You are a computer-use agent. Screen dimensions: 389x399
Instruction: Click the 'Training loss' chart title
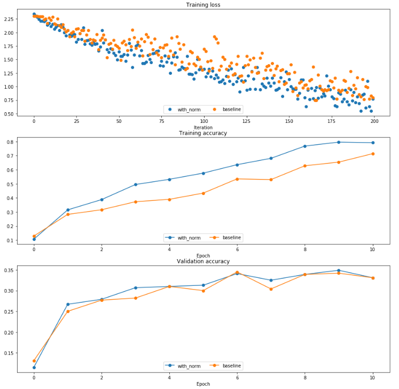point(203,5)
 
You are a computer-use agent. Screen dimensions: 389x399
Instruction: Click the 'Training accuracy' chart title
point(203,133)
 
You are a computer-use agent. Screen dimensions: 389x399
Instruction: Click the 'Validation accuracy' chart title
point(203,261)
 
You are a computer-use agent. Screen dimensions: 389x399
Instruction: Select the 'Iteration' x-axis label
point(203,128)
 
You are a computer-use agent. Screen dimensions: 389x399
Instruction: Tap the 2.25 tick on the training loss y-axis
point(9,19)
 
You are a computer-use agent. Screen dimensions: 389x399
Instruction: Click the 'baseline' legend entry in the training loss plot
point(230,109)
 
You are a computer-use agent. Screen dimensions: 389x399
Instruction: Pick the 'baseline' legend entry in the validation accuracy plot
point(230,366)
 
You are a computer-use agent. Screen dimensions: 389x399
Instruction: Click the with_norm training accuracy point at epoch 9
point(339,142)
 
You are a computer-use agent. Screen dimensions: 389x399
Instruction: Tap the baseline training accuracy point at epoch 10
point(373,154)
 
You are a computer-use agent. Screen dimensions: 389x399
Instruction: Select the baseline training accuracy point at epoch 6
point(237,179)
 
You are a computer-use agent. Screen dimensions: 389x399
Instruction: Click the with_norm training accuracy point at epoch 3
point(136,184)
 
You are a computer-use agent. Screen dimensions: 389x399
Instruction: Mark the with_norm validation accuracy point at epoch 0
point(34,368)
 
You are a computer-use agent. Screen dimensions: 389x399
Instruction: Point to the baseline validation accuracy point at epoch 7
point(271,289)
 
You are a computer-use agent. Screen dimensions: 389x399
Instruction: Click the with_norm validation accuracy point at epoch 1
point(68,304)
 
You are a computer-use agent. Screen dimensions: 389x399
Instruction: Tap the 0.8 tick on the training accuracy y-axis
point(11,142)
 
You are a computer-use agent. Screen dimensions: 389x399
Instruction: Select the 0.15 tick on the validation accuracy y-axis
point(9,353)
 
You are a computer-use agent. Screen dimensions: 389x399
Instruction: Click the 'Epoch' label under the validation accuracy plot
point(203,384)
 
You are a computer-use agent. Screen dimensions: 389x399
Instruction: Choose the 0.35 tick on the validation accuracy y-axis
point(9,270)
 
